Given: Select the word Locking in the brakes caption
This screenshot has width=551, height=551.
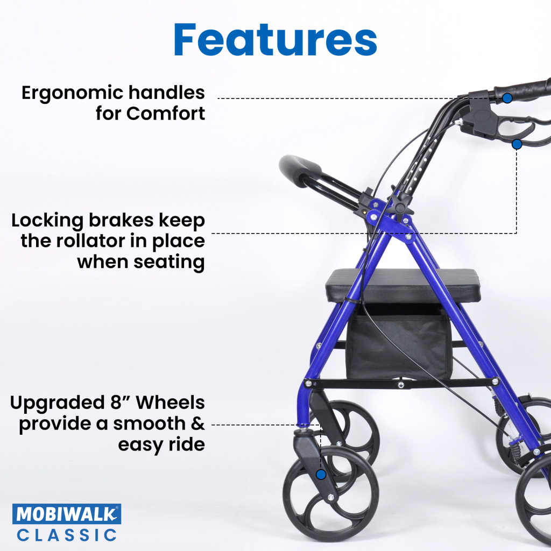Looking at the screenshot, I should pyautogui.click(x=46, y=221).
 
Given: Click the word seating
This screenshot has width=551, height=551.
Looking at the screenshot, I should pyautogui.click(x=168, y=262).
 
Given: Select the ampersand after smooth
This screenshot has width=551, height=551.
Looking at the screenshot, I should pyautogui.click(x=198, y=423).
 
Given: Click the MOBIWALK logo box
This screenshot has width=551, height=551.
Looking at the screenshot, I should pyautogui.click(x=67, y=514).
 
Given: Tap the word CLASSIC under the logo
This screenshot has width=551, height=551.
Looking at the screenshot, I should pyautogui.click(x=67, y=535).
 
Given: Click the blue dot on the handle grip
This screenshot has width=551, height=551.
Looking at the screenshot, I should pyautogui.click(x=507, y=98).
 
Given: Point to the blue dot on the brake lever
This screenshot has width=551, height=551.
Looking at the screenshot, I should pyautogui.click(x=517, y=144).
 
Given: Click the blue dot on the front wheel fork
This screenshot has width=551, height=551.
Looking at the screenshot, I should pyautogui.click(x=321, y=475).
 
